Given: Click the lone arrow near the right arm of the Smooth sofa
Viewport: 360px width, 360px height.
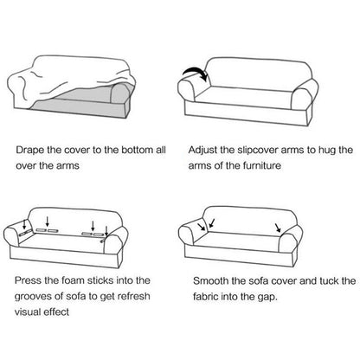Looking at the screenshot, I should (x=279, y=228).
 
